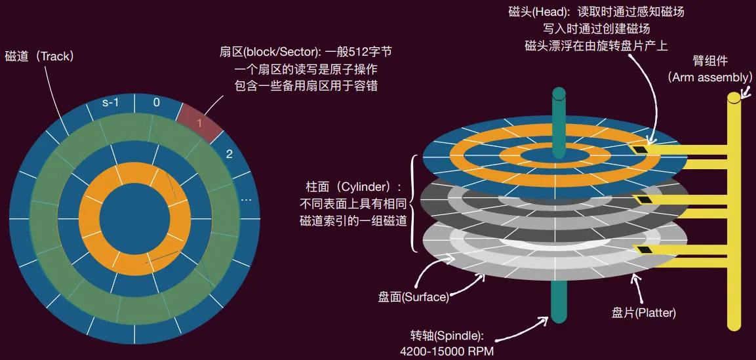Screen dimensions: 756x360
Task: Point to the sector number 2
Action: click(x=229, y=154)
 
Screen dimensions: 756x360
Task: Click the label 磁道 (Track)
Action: click(x=39, y=56)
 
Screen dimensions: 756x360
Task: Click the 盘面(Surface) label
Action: click(x=414, y=297)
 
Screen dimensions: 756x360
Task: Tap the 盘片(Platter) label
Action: click(x=644, y=313)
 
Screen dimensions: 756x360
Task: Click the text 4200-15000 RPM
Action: click(x=447, y=351)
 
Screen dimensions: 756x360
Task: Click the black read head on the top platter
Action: click(x=641, y=150)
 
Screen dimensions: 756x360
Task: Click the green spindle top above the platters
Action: click(x=559, y=122)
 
